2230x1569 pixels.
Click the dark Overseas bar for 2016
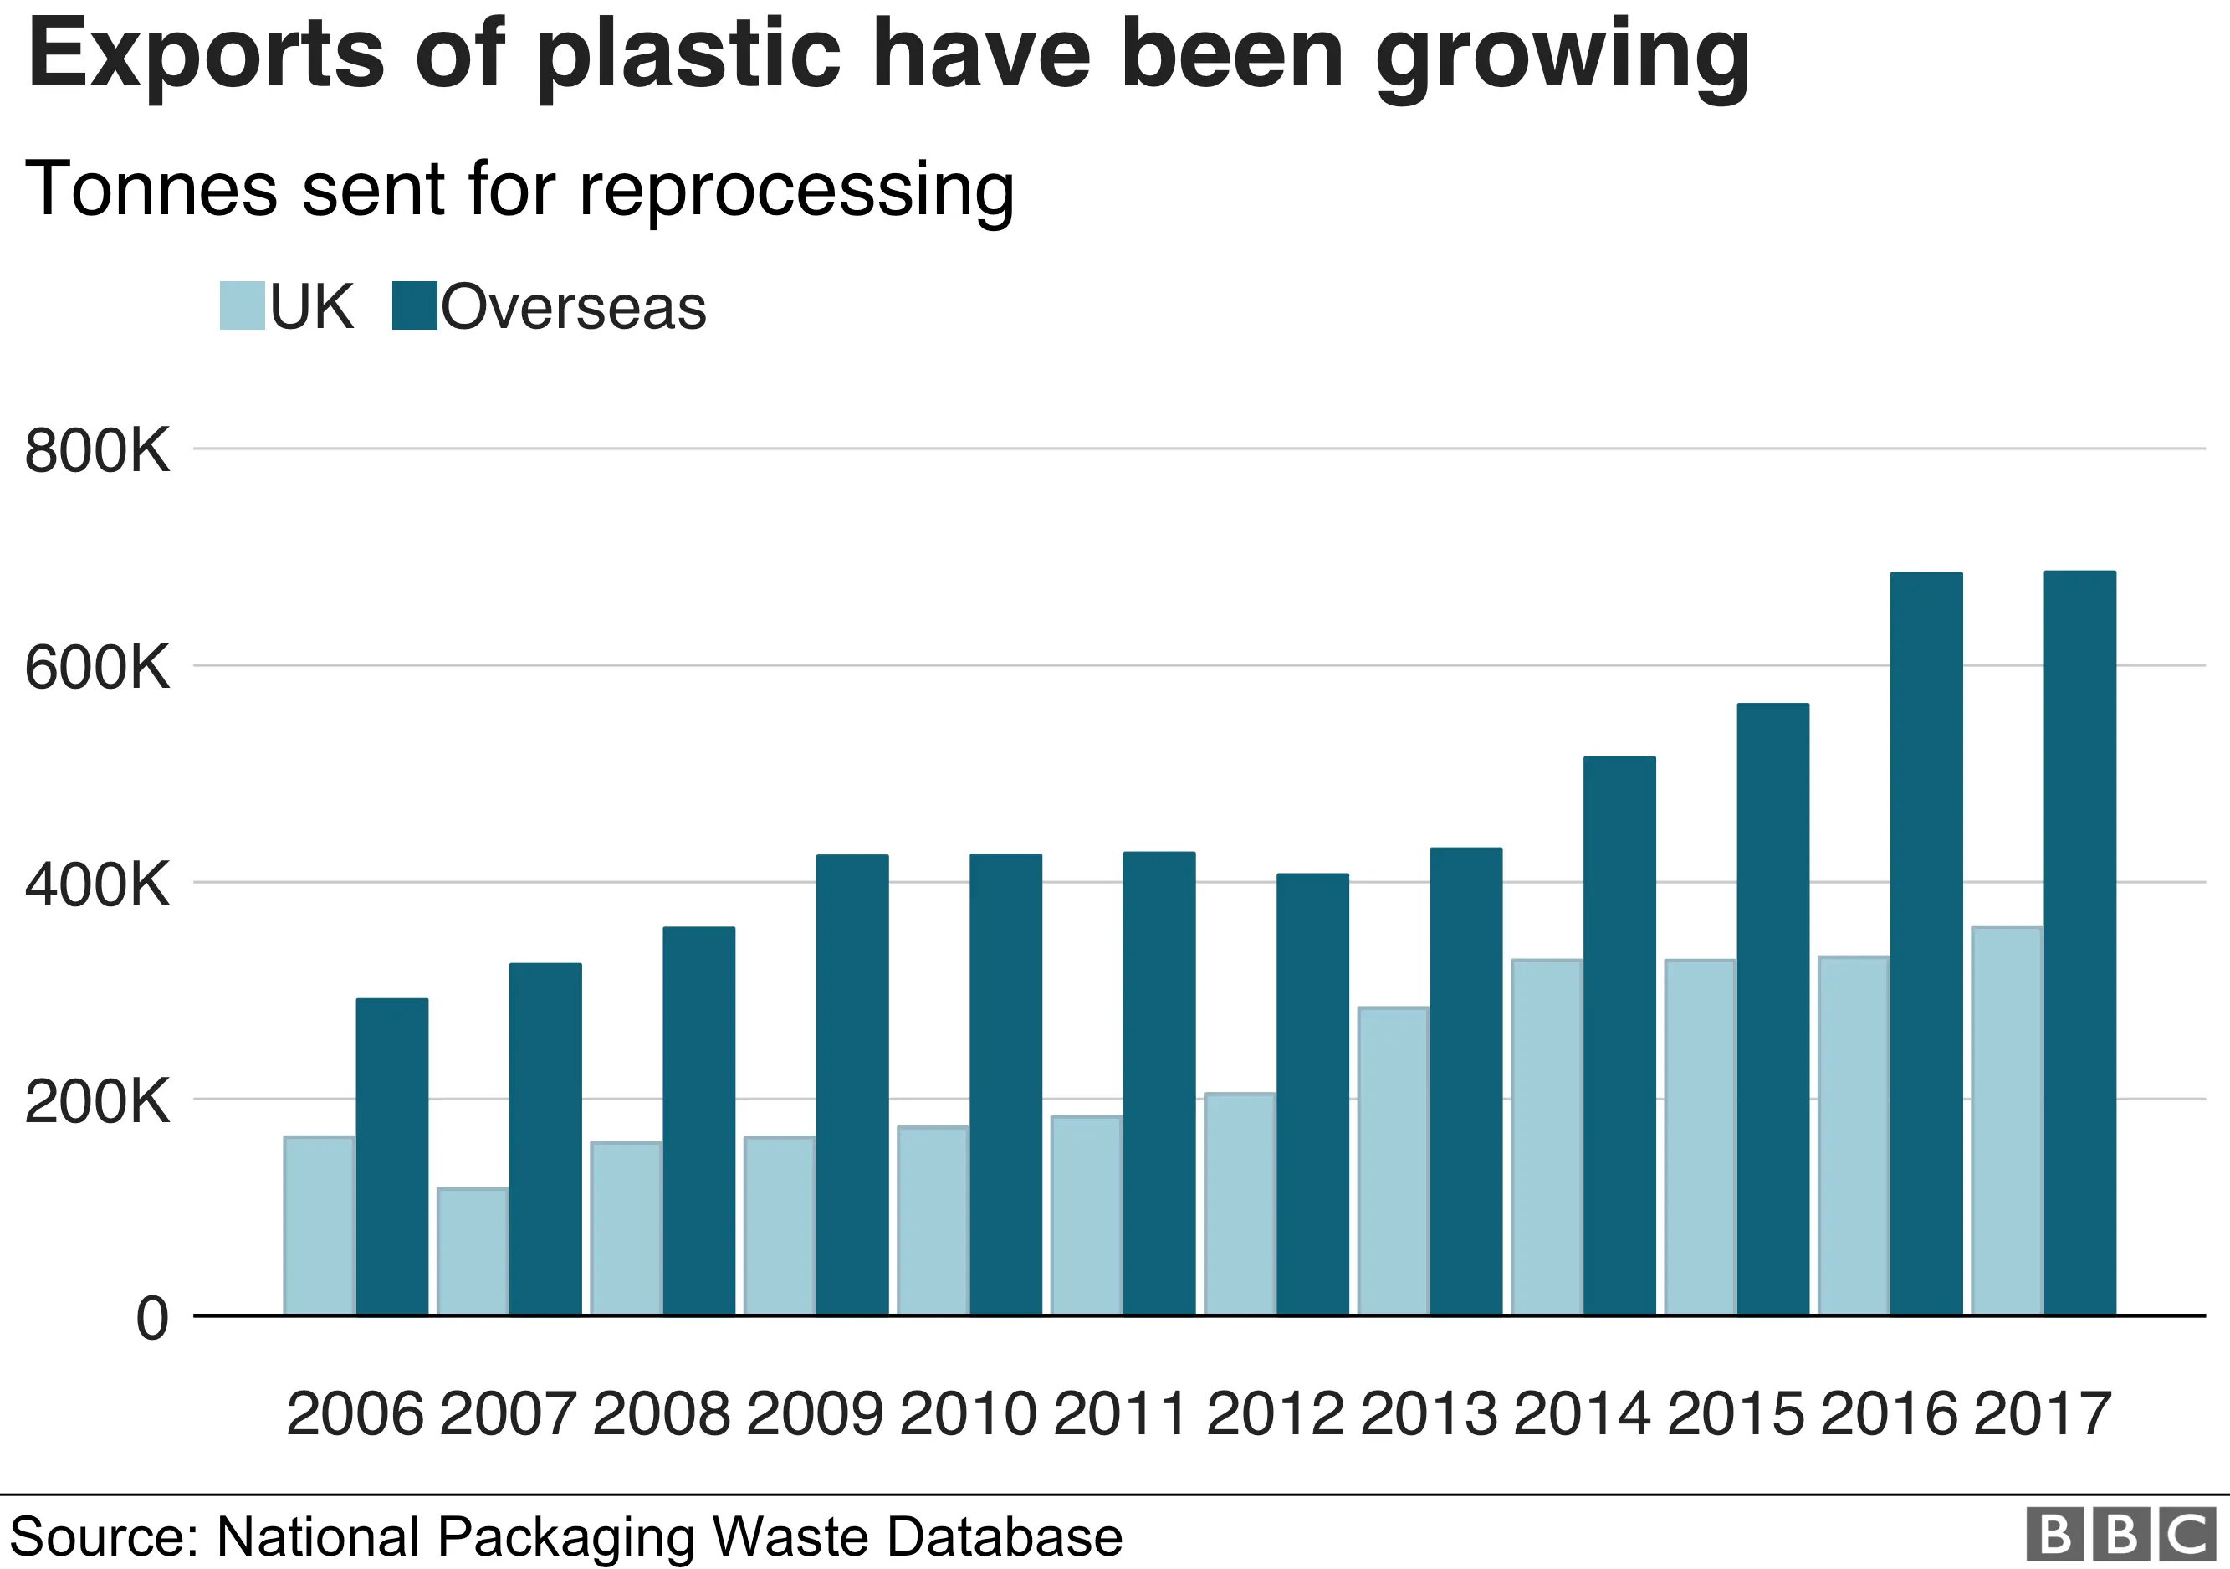(x=1926, y=943)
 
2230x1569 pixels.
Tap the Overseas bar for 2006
(x=391, y=1156)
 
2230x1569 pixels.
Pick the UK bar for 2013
(x=1393, y=1161)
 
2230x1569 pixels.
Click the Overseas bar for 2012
(x=1312, y=1094)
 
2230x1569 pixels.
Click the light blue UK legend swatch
(x=242, y=306)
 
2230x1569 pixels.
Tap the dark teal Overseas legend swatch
(x=415, y=306)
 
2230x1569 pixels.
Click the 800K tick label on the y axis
(x=97, y=451)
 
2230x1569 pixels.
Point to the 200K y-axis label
(x=97, y=1103)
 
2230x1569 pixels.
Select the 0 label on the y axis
(x=151, y=1320)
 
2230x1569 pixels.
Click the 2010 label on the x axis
(x=968, y=1413)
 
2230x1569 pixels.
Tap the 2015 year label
(x=1735, y=1413)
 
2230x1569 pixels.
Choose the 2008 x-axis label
(x=661, y=1413)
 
